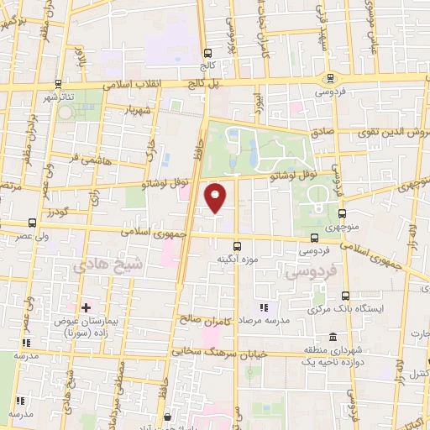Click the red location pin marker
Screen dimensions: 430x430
coord(217,197)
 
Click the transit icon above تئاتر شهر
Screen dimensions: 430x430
coord(58,84)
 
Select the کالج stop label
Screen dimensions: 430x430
coord(207,64)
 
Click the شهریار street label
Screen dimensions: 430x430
coord(138,109)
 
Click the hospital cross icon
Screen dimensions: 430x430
coord(87,308)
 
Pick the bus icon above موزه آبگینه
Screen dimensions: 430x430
coord(238,247)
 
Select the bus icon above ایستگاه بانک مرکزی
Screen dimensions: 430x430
coord(346,295)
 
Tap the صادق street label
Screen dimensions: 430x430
coord(324,133)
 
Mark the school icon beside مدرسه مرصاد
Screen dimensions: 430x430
coord(263,307)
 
